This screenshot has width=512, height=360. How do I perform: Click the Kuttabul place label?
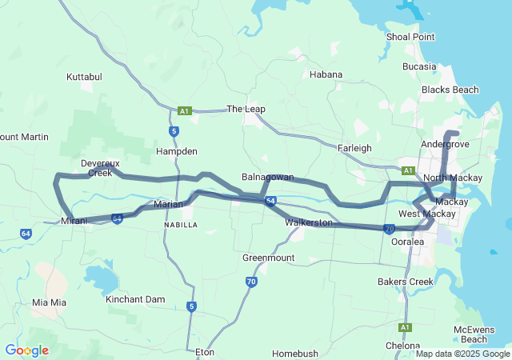point(84,78)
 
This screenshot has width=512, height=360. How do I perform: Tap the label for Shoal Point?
point(410,37)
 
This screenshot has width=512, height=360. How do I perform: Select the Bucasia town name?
point(419,66)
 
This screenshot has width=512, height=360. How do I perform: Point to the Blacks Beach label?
point(450,90)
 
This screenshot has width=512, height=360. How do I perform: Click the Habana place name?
point(326,74)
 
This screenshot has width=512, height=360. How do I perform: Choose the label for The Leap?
point(246,109)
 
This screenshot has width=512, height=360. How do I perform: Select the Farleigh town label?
point(354,148)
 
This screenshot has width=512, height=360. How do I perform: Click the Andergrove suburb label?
point(445,145)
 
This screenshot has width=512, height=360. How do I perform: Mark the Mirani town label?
point(74,220)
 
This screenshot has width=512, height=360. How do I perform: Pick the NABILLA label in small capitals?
point(180,226)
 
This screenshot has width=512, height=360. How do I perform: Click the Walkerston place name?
point(308,222)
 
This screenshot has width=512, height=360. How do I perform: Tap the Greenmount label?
point(268,258)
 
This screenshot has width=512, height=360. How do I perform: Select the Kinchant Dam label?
point(135,299)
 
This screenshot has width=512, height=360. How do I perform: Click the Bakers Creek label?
point(406,282)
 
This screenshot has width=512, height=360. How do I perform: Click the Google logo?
point(26,350)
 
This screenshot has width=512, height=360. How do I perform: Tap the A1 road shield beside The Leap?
point(185,110)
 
